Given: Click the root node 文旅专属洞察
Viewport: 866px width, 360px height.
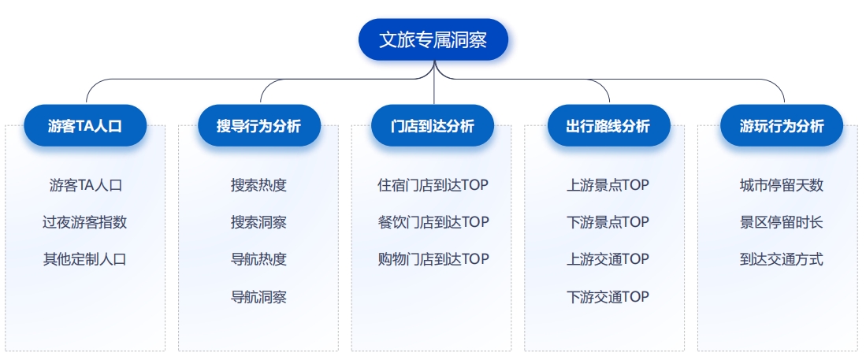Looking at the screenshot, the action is (x=433, y=39).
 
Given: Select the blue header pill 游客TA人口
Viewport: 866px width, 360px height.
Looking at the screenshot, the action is (x=85, y=126).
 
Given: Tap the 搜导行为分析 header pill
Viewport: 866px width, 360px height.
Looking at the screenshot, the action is (x=259, y=126).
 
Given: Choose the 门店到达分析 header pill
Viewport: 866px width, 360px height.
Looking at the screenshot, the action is (x=433, y=126).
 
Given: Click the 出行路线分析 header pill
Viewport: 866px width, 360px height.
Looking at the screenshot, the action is (x=608, y=126).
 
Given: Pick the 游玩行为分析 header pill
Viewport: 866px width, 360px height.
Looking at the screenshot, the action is (x=782, y=126).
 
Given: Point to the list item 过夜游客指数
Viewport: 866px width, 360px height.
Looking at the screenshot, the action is (x=85, y=222).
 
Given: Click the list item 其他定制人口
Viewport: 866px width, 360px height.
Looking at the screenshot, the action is (x=85, y=259).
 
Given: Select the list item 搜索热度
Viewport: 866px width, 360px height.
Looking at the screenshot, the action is (x=259, y=185).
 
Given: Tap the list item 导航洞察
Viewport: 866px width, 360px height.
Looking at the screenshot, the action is (x=259, y=297).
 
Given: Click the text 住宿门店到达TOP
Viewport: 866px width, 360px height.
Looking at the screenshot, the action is (x=433, y=185).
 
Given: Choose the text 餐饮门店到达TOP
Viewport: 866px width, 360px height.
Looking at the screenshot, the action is (x=433, y=222).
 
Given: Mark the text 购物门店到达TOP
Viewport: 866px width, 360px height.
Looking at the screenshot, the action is (x=433, y=259).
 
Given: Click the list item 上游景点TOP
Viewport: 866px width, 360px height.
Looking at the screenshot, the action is (x=608, y=185).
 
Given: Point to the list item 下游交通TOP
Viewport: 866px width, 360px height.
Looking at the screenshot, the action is (x=608, y=297).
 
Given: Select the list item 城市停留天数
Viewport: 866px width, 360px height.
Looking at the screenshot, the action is (x=782, y=185).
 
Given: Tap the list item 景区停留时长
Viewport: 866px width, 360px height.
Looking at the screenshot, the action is (x=782, y=222).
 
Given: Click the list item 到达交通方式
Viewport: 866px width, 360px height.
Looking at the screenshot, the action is (x=782, y=259).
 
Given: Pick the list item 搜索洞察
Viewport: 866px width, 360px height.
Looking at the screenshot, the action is (x=259, y=222).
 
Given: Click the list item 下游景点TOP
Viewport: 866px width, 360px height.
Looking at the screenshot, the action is (x=608, y=222).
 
